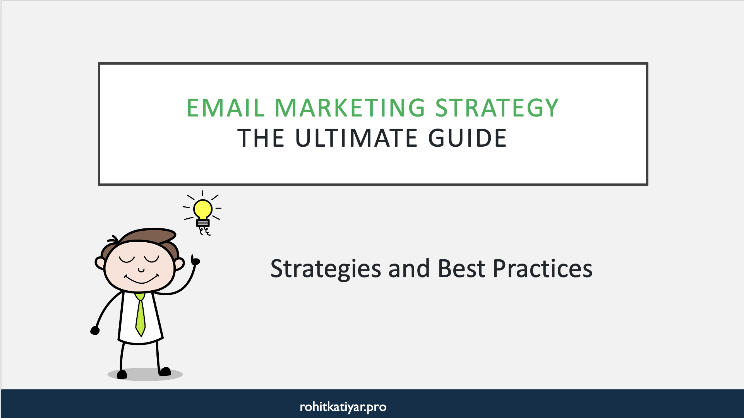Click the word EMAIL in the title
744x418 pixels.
tap(225, 108)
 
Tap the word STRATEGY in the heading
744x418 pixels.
tap(497, 108)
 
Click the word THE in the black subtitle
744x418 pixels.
tap(261, 138)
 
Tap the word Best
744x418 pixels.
tap(461, 269)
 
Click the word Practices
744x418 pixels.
tap(542, 269)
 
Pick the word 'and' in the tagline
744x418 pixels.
tap(409, 269)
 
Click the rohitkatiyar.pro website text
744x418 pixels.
tap(343, 407)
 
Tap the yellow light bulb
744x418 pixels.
tap(202, 209)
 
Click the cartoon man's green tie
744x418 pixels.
tap(140, 315)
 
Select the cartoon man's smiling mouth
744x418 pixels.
tap(141, 279)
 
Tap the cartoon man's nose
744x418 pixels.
tap(141, 270)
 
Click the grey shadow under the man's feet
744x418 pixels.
tap(145, 374)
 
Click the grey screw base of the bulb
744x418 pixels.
tap(202, 223)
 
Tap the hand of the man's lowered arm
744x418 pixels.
tap(95, 330)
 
